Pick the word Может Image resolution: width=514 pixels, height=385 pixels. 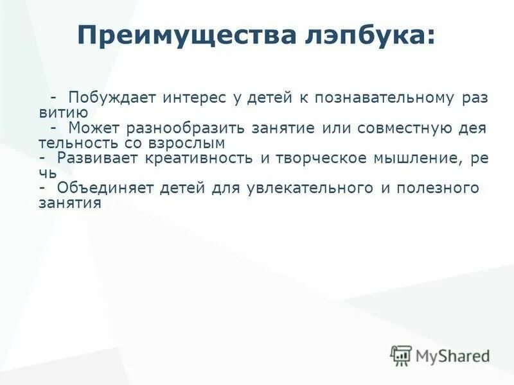click(92, 128)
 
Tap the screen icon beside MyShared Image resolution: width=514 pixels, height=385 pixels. click(401, 355)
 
